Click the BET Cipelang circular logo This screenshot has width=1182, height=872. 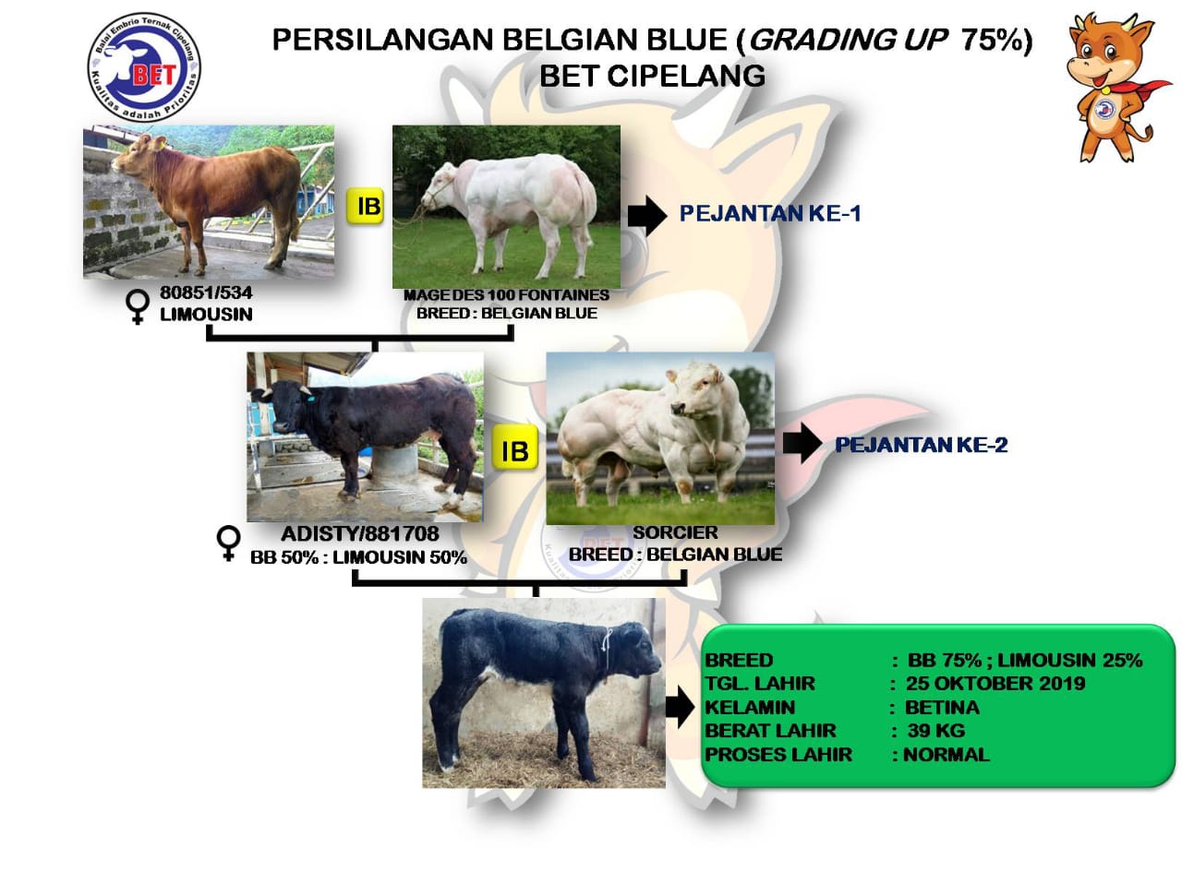[x=144, y=67]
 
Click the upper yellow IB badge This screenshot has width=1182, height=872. [x=365, y=206]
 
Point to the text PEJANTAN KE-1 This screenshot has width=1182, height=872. [x=769, y=213]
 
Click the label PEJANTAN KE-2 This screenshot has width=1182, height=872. [x=921, y=445]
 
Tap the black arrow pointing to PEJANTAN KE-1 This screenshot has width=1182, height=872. [x=647, y=215]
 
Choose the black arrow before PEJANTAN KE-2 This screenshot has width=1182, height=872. [x=802, y=443]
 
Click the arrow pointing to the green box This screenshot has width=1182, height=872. [x=680, y=707]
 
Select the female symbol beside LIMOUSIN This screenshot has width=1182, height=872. [x=138, y=306]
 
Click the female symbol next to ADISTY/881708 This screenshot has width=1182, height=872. [x=229, y=544]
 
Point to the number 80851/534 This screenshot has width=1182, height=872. [x=206, y=293]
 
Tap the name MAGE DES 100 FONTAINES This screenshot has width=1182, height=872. [x=506, y=295]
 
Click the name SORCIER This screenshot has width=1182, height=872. [x=675, y=532]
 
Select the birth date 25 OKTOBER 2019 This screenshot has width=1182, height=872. [x=995, y=684]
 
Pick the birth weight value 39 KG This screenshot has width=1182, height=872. [x=936, y=730]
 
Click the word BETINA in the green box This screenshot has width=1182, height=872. [x=942, y=708]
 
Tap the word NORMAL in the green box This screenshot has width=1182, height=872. [x=947, y=754]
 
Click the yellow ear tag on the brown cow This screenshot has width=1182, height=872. [x=160, y=143]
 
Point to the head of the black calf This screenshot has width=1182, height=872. [x=634, y=653]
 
